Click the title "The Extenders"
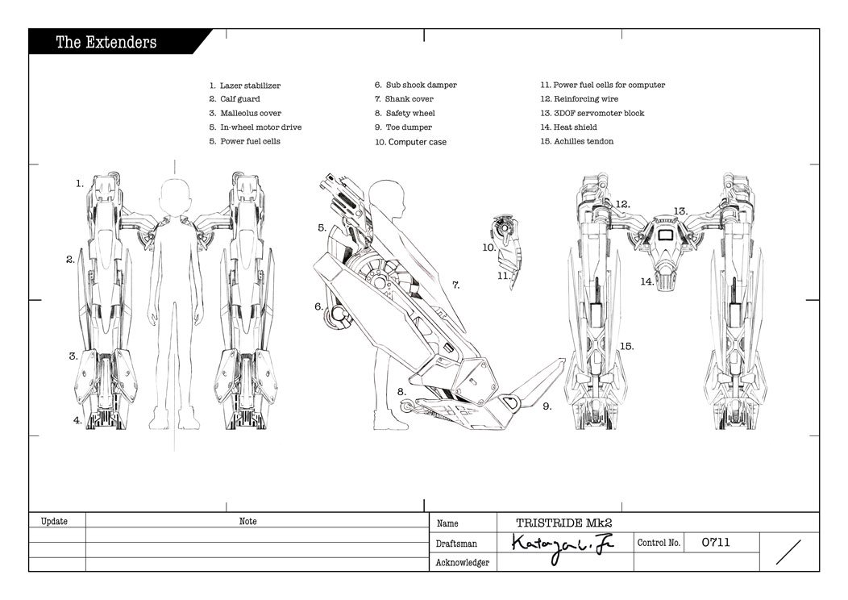(x=106, y=42)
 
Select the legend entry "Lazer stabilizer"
(x=251, y=85)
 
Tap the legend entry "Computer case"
(x=418, y=142)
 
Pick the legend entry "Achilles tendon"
(x=584, y=141)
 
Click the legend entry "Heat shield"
(x=576, y=127)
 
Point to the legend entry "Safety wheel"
(x=410, y=113)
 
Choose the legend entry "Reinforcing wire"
(x=586, y=99)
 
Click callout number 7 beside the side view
(x=456, y=285)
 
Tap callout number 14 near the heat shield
(x=646, y=281)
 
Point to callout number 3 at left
(x=73, y=356)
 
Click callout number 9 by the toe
(x=547, y=406)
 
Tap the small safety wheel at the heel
(x=406, y=406)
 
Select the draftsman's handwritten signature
(x=563, y=547)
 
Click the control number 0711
(x=716, y=542)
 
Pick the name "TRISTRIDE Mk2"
(x=564, y=523)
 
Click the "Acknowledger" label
(x=463, y=563)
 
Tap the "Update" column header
(x=54, y=522)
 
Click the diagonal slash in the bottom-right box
(x=788, y=552)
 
